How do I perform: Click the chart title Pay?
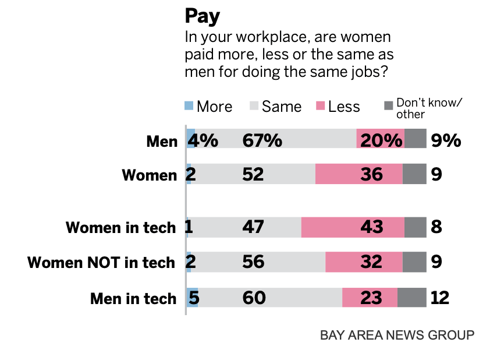[x=203, y=16]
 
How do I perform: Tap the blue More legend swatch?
[x=189, y=106]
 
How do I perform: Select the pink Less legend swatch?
[x=320, y=106]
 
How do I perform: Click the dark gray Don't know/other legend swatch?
[x=389, y=105]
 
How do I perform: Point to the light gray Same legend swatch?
[x=254, y=106]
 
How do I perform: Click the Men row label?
[x=162, y=141]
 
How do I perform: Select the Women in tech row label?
[x=120, y=227]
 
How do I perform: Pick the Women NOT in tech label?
[x=101, y=263]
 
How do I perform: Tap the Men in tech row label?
[x=133, y=298]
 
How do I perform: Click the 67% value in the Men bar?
[x=262, y=140]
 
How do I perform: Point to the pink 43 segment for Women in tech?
[x=353, y=227]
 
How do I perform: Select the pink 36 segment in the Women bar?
[x=358, y=174]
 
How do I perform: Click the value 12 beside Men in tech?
[x=440, y=298]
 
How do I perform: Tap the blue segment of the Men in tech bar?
[x=192, y=298]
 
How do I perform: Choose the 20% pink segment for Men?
[x=381, y=140]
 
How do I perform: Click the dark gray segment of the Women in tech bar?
[x=416, y=227]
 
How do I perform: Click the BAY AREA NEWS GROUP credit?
[x=397, y=336]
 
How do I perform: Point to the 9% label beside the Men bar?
[x=446, y=140]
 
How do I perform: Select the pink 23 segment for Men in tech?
[x=370, y=298]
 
